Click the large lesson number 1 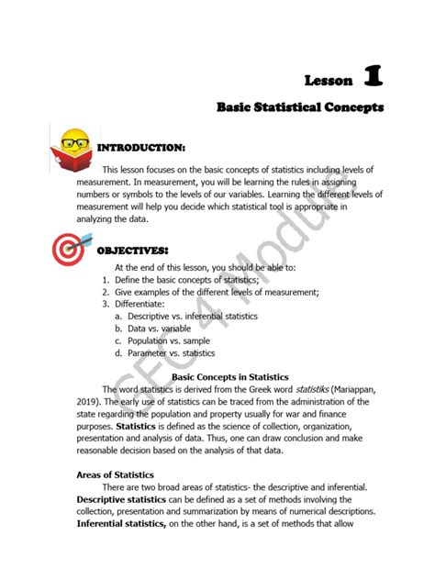373,76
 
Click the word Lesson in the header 328,81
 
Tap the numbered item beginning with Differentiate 139,303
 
